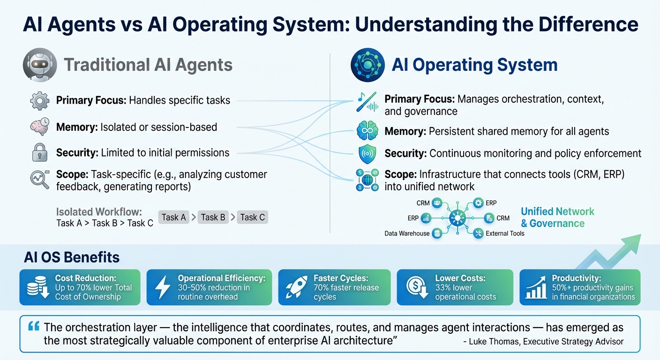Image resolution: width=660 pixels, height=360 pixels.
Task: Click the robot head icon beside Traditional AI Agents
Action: coord(40,65)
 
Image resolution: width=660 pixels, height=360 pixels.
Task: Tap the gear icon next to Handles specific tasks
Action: coord(39,100)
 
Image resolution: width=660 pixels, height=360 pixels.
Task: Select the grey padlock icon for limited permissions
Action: coord(39,153)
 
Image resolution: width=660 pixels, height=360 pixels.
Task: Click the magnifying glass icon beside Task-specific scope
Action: coord(40,180)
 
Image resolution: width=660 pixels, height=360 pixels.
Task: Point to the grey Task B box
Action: coord(213,217)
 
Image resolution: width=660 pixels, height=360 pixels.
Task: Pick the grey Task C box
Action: coord(252,217)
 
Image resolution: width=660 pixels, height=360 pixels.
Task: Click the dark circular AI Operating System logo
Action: coord(367,65)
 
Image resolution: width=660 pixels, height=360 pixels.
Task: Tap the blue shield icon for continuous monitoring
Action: coord(367,153)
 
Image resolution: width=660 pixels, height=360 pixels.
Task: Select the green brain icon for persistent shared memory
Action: coord(367,130)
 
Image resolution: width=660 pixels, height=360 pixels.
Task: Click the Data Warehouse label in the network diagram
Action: coord(406,233)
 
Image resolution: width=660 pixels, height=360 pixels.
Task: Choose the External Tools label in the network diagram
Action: coord(505,233)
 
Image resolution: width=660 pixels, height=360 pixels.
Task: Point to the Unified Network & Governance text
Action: coord(557,217)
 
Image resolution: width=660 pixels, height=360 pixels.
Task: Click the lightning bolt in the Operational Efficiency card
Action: coord(163,287)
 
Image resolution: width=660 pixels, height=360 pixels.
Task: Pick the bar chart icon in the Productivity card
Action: coord(536,287)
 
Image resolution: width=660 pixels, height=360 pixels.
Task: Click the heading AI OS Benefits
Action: coord(71,257)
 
